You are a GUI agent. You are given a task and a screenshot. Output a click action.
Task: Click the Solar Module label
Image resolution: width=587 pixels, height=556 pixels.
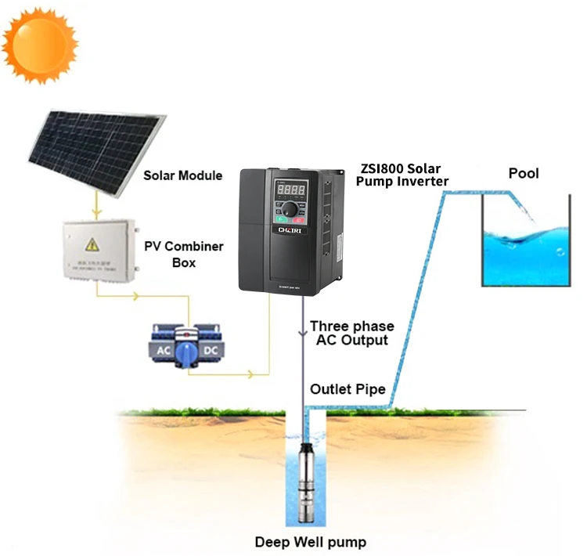click(183, 175)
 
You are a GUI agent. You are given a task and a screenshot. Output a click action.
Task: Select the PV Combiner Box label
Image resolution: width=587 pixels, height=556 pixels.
click(184, 255)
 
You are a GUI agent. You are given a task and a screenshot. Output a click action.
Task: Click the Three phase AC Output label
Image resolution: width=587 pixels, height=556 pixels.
click(352, 333)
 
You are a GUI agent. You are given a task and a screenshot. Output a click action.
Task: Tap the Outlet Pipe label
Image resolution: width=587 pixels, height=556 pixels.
click(348, 389)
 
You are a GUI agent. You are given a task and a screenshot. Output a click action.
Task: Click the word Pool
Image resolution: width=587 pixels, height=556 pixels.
click(524, 173)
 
